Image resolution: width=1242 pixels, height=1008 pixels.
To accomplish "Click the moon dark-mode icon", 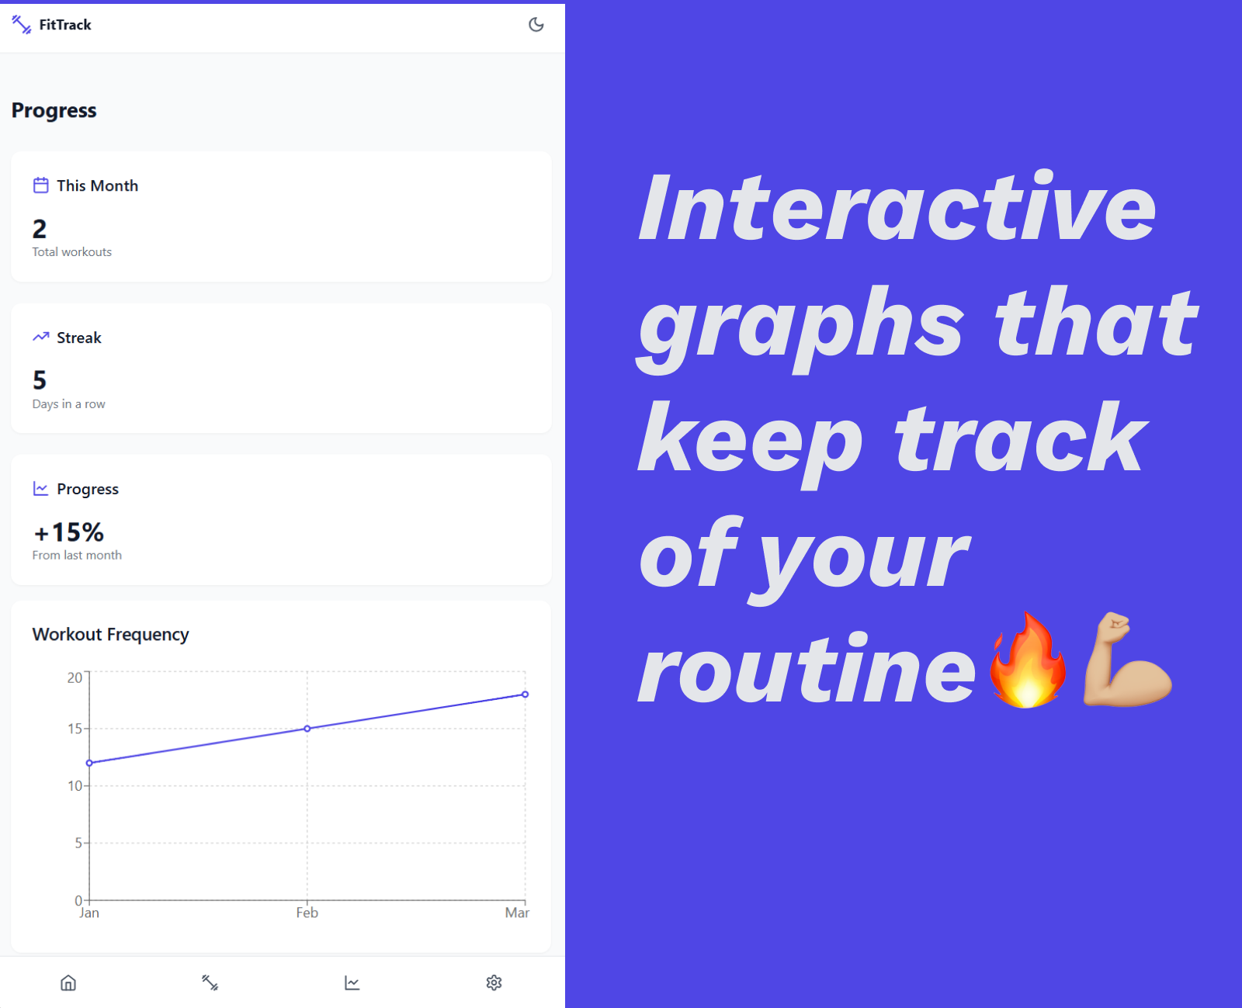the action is [536, 25].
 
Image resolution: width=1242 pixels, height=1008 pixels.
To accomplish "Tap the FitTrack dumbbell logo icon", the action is [22, 25].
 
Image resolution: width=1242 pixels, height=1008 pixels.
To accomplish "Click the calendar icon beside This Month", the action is [41, 185].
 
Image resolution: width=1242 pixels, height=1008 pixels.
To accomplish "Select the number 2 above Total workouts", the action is [39, 229].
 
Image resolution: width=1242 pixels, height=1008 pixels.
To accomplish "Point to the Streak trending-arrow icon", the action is [41, 337].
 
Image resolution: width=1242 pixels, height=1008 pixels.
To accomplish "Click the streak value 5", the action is [39, 380].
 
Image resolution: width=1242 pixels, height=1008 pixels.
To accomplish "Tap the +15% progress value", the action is [69, 532].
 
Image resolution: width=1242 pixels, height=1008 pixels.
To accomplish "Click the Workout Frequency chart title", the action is [110, 634].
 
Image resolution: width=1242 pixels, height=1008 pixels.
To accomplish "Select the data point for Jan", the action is [89, 763].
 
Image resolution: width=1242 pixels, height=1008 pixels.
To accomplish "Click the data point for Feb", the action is [307, 728].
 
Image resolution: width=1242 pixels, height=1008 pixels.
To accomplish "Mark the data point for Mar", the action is [526, 695].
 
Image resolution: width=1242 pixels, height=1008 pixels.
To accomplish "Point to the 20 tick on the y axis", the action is [75, 677].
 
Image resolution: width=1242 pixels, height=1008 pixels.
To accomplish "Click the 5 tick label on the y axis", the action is [78, 843].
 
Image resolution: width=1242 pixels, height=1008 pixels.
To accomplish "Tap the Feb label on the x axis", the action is [307, 913].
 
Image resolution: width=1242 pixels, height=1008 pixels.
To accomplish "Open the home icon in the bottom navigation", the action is [68, 982].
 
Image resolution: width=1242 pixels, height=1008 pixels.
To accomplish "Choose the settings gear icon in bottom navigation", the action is [494, 982].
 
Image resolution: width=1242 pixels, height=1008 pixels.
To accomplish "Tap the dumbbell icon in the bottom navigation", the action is [210, 982].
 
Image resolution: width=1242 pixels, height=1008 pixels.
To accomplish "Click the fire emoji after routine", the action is [1028, 660].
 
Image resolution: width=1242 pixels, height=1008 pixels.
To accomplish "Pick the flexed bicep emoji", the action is [1126, 659].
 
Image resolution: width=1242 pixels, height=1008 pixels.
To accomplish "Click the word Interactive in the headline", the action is [897, 207].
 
